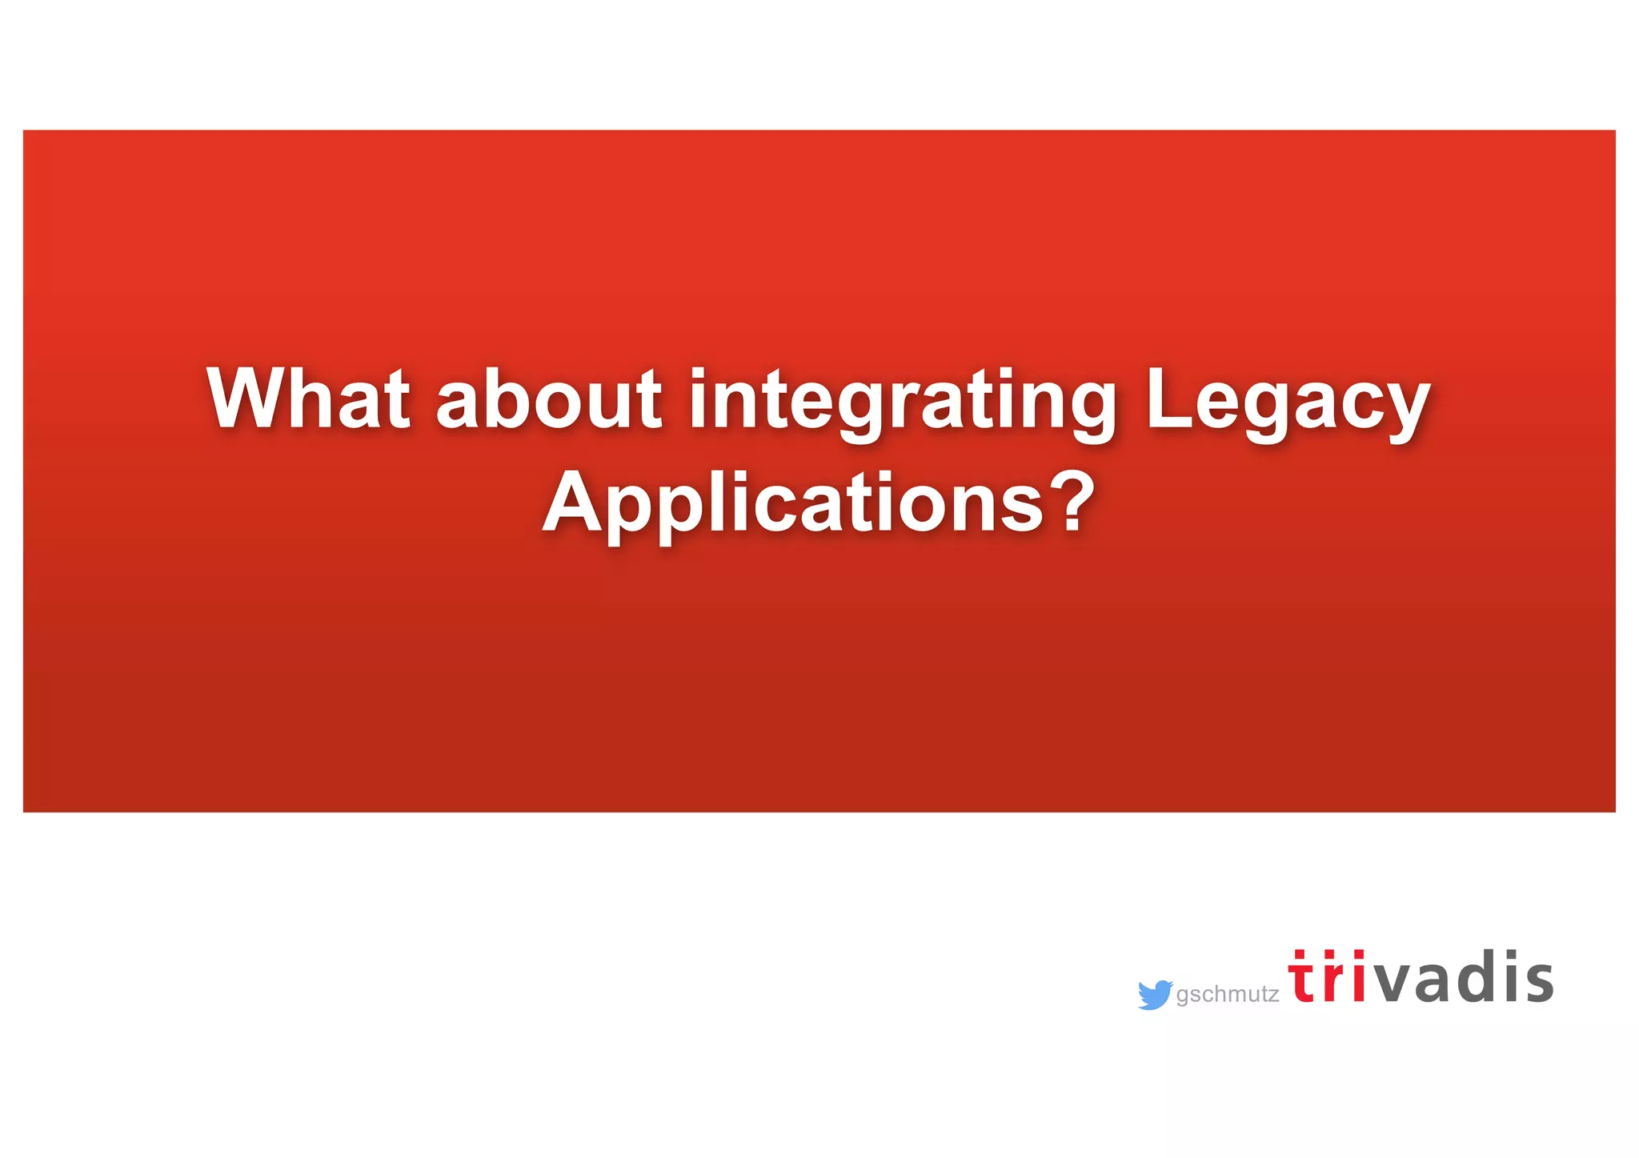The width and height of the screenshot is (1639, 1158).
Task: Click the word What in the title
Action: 309,399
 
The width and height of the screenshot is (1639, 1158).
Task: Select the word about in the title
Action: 549,399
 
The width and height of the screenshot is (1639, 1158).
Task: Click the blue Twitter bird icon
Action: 1155,995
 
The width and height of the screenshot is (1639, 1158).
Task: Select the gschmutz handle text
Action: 1228,995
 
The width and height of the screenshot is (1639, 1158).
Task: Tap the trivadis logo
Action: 1421,977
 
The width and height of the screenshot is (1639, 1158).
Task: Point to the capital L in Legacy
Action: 1168,398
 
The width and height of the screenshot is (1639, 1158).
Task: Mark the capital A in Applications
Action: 571,502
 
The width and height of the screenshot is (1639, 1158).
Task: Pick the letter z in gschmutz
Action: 1272,996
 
